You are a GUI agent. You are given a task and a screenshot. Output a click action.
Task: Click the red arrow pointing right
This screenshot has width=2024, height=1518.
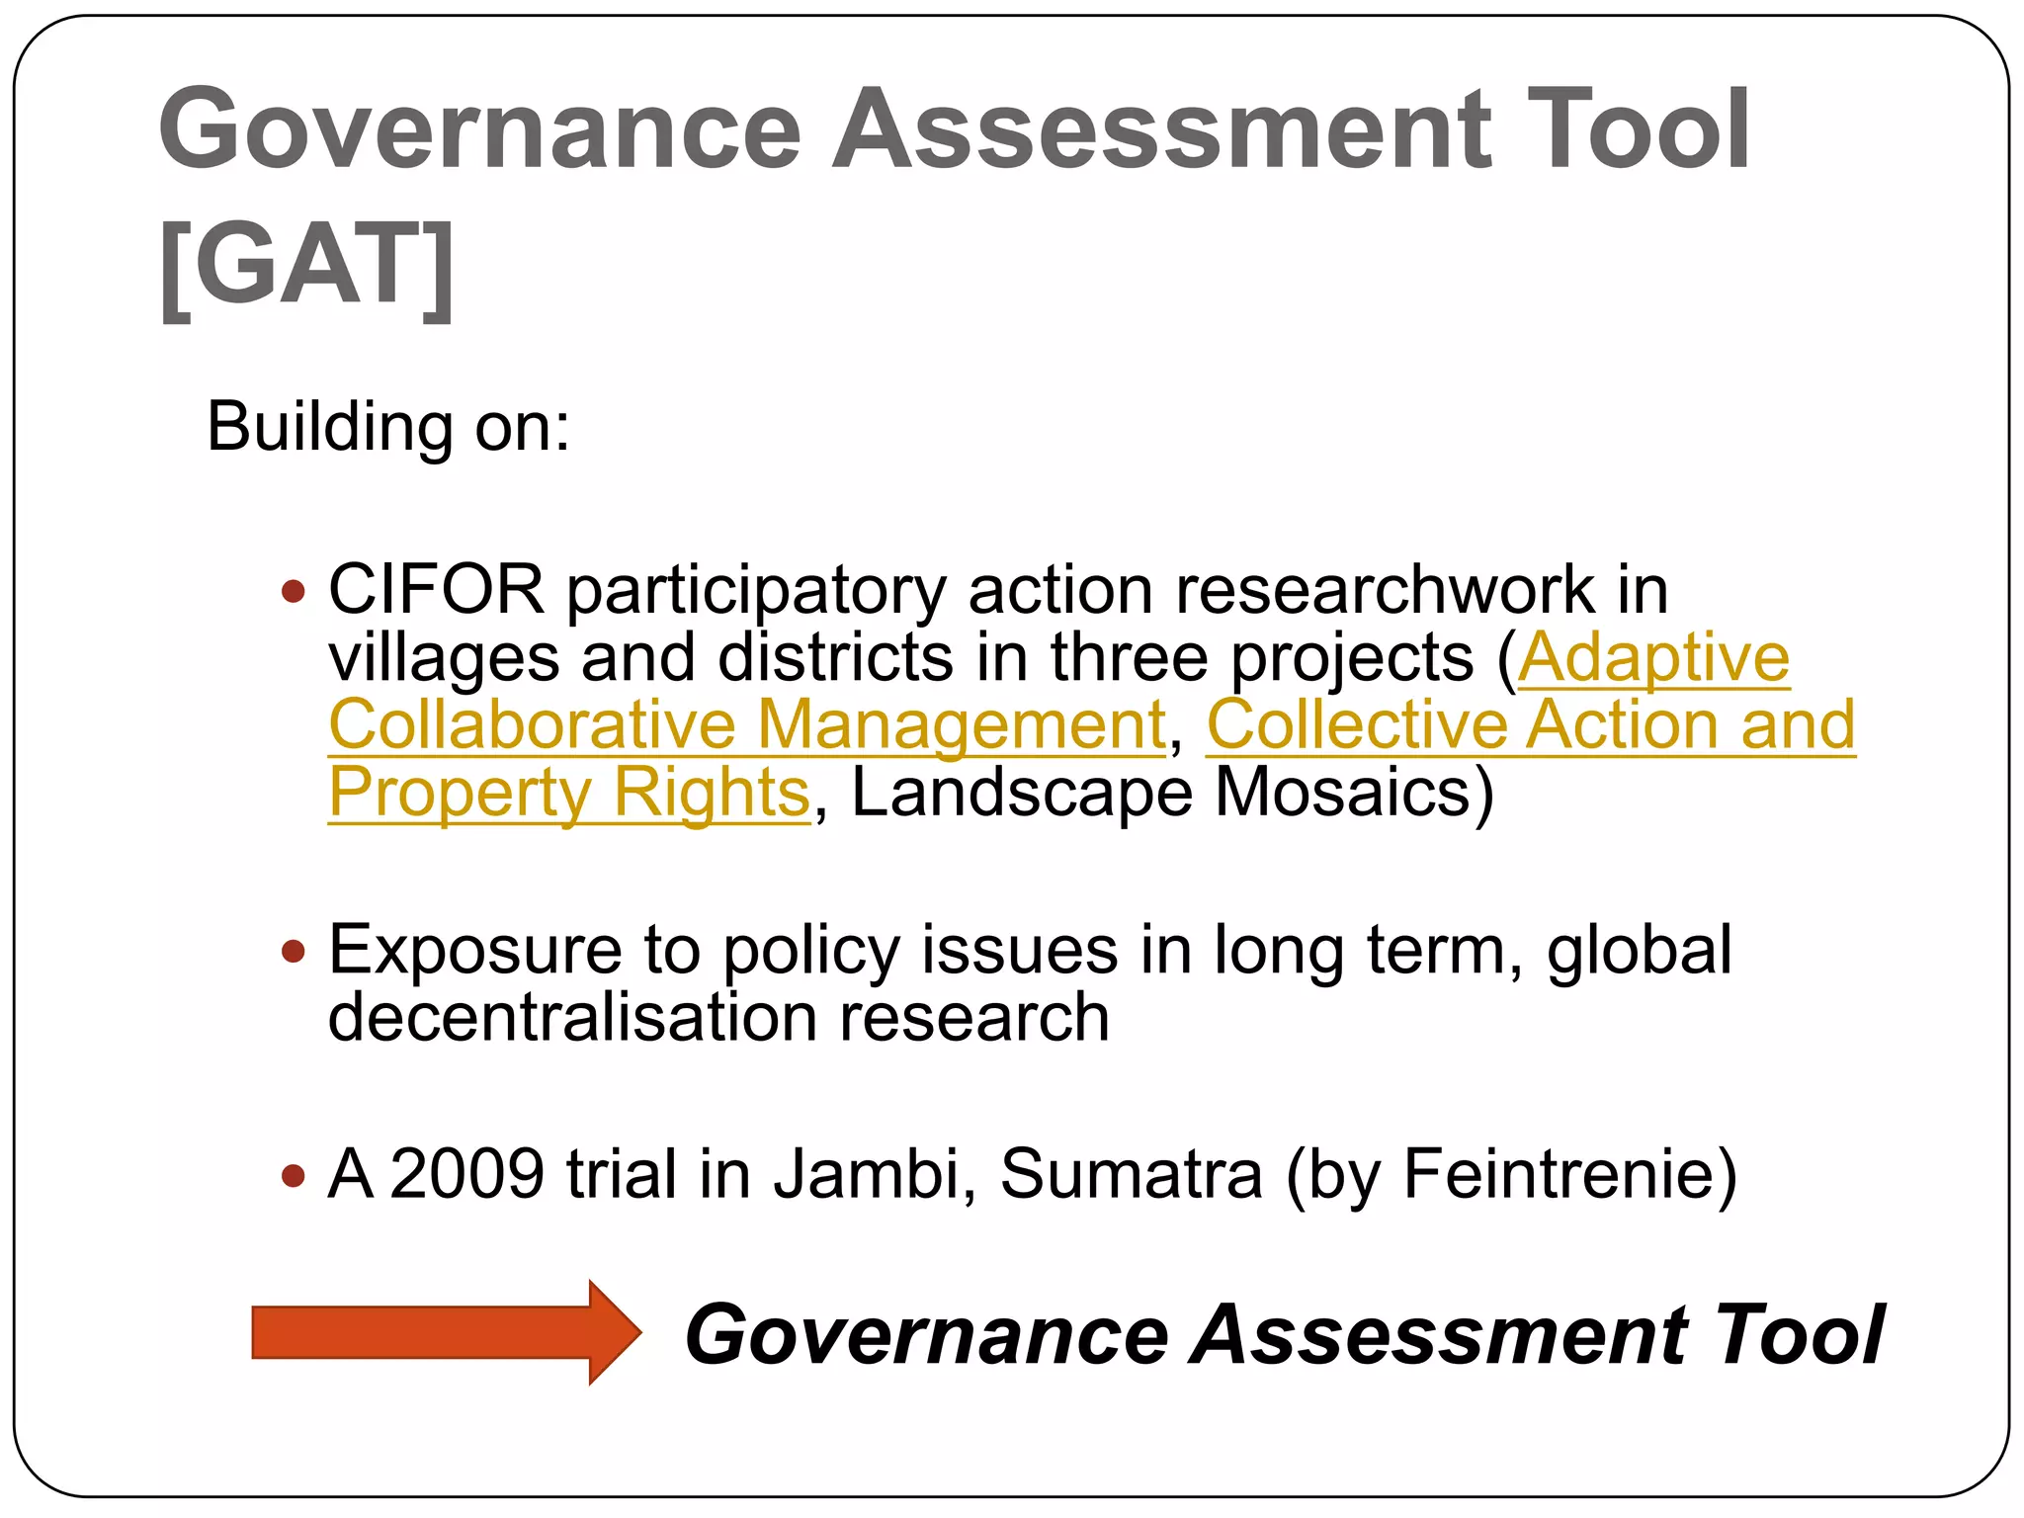pyautogui.click(x=445, y=1331)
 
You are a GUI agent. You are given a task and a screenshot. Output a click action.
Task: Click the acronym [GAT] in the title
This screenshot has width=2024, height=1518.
pyautogui.click(x=306, y=265)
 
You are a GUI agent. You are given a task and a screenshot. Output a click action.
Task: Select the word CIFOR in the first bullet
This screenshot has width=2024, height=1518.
pyautogui.click(x=436, y=590)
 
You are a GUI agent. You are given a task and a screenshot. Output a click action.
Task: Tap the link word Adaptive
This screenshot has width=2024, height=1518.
pyautogui.click(x=1653, y=657)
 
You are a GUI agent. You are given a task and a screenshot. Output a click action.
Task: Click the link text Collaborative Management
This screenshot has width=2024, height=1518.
pyautogui.click(x=747, y=724)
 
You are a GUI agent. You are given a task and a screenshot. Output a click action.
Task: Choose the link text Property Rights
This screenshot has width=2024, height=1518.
pyautogui.click(x=569, y=792)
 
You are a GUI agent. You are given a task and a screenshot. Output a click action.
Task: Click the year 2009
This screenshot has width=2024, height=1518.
pyautogui.click(x=466, y=1174)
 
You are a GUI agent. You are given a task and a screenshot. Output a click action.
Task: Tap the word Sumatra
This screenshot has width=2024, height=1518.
pyautogui.click(x=1132, y=1174)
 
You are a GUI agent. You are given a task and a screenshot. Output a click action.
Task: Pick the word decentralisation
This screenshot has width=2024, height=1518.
pyautogui.click(x=572, y=1017)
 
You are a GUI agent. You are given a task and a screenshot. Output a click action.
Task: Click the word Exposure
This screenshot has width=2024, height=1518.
pyautogui.click(x=474, y=950)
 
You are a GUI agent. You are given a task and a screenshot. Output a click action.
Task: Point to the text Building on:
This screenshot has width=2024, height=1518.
pyautogui.click(x=388, y=427)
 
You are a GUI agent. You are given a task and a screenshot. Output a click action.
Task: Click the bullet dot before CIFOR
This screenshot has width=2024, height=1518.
pyautogui.click(x=293, y=592)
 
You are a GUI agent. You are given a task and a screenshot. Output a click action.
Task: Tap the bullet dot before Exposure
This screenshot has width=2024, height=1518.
pyautogui.click(x=293, y=952)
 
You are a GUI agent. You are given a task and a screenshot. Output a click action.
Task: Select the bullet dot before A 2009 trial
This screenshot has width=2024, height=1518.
pyautogui.click(x=293, y=1176)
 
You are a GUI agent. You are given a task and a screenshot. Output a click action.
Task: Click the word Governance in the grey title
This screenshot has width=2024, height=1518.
pyautogui.click(x=480, y=129)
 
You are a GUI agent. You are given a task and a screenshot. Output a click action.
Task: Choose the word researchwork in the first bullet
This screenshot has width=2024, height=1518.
pyautogui.click(x=1385, y=590)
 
